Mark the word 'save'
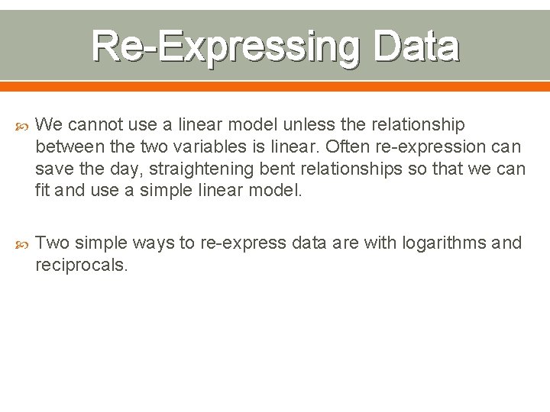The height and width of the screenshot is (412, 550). coord(52,169)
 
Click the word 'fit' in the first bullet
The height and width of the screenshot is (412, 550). coord(44,191)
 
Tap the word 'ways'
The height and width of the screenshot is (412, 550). coord(154,243)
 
